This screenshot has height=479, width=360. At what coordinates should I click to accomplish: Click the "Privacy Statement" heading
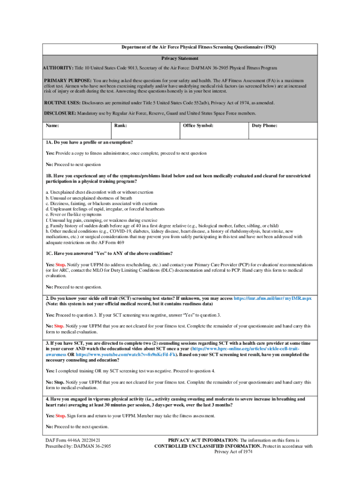180,58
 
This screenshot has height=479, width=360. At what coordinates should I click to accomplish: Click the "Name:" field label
52,126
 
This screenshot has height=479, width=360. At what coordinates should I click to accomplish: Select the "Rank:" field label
121,126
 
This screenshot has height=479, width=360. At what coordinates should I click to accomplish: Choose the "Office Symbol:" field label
198,126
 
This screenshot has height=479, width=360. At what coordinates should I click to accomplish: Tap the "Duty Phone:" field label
265,126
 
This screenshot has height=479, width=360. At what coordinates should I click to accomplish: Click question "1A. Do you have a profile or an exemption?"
89,142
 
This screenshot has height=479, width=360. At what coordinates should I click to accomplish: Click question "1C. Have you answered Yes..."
109,254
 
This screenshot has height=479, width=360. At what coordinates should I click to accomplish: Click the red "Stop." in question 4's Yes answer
61,415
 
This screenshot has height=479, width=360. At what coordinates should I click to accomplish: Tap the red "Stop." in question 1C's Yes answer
61,265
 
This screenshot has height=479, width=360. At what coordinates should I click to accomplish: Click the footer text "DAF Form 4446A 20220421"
72,440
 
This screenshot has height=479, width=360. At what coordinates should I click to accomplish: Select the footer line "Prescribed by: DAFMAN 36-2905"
78,446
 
